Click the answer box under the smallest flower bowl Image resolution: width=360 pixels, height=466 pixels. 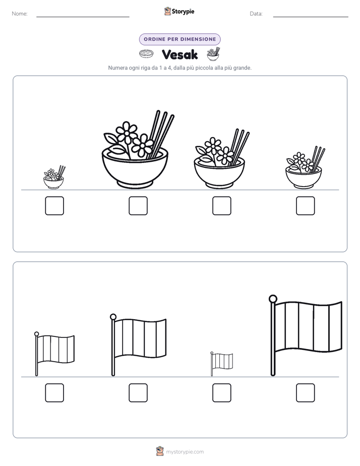point(54,206)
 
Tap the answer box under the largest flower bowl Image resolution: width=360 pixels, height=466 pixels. point(138,206)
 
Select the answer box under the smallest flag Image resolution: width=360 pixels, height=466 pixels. point(222,393)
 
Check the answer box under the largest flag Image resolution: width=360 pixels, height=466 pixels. point(306,393)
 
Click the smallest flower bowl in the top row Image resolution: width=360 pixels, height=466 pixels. point(54,178)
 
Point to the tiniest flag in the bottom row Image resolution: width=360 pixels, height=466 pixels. point(221,364)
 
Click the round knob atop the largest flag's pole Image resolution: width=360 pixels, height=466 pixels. point(273,299)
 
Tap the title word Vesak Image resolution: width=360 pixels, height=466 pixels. point(179,54)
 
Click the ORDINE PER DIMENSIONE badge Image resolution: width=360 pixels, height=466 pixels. point(179,39)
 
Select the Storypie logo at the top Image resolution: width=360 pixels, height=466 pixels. point(179,12)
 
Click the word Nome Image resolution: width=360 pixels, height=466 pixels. point(20,14)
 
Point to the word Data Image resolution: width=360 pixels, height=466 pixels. point(256,14)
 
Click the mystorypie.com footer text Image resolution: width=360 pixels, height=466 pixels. point(185,452)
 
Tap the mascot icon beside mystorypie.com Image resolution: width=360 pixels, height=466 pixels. point(160,451)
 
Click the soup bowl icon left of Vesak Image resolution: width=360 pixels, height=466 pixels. point(146,54)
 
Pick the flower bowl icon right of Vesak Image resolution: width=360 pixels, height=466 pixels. point(213,54)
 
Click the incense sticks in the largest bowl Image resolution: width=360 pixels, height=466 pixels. point(161,134)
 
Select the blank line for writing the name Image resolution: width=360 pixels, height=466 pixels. point(83,17)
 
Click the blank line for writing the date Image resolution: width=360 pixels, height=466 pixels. point(311,17)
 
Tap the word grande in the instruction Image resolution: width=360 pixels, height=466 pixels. point(242,68)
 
